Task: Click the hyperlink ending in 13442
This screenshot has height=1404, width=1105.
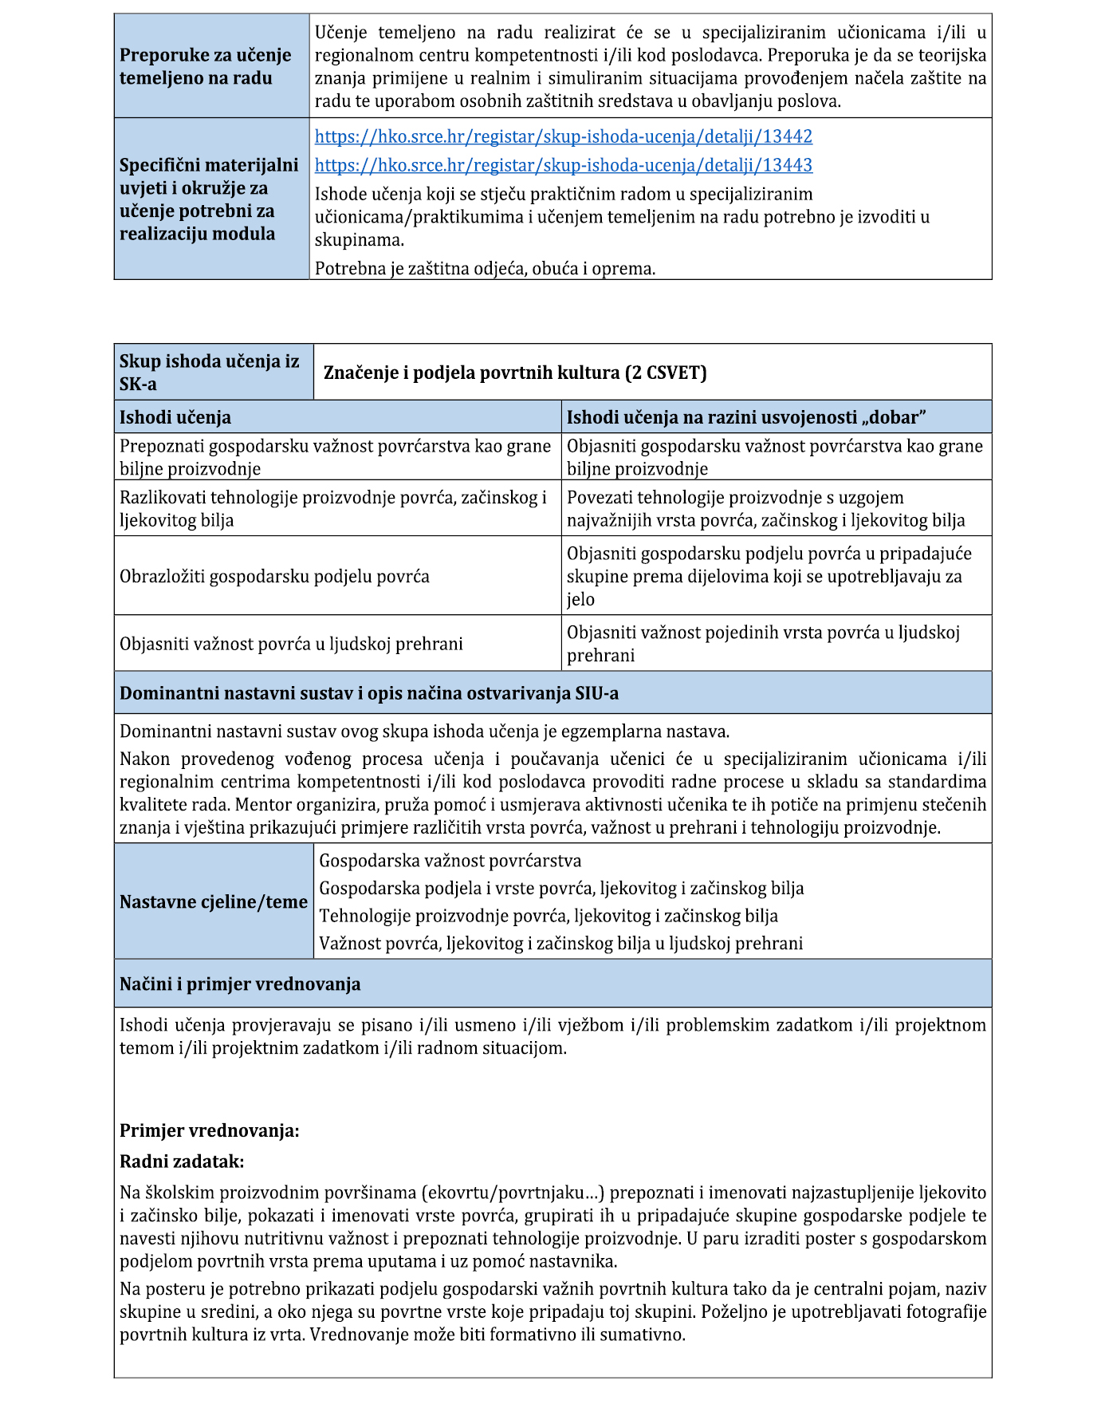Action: point(563,136)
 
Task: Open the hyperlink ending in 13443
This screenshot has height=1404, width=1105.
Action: point(563,165)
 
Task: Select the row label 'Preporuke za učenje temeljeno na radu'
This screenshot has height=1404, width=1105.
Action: point(205,66)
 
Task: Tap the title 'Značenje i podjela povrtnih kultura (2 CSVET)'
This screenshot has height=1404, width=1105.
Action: point(515,373)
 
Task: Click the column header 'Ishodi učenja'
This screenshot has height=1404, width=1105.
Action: point(175,417)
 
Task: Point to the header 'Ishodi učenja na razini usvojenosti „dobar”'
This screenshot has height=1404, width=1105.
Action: point(745,417)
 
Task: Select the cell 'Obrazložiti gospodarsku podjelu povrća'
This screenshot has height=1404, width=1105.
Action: point(274,576)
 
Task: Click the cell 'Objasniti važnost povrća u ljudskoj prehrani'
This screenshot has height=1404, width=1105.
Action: point(291,644)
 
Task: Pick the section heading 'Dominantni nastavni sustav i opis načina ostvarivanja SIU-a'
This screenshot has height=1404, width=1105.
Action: point(369,693)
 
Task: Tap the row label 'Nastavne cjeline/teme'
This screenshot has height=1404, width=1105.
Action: point(213,901)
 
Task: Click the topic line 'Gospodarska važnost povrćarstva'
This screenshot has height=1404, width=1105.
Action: point(450,861)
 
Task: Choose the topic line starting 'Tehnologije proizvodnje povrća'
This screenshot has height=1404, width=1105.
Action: point(549,916)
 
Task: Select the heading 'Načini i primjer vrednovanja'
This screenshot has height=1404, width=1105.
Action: point(240,984)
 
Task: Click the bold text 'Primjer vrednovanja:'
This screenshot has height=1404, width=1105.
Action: point(210,1130)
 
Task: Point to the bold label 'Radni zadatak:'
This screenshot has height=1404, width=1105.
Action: point(182,1161)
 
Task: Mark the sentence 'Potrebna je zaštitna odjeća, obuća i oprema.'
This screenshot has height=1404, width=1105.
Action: point(485,269)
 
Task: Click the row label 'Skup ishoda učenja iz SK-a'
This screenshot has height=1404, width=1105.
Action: point(209,373)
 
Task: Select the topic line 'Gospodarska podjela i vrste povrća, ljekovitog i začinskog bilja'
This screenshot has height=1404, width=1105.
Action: point(561,888)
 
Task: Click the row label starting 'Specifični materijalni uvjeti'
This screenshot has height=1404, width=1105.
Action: point(209,199)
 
